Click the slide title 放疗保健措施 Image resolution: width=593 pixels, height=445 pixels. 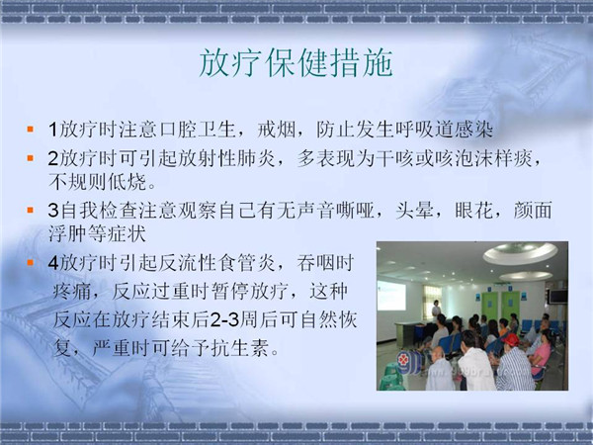point(296,63)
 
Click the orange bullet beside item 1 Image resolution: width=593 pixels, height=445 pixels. point(31,130)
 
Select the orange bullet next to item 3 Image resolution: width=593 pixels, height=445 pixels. point(31,211)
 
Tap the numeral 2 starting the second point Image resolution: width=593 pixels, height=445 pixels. point(53,158)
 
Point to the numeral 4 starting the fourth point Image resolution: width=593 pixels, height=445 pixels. point(53,263)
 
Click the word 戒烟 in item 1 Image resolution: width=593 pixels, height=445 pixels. point(276,130)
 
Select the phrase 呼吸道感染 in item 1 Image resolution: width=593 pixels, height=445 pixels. point(444,130)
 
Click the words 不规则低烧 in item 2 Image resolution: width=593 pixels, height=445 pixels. point(97,182)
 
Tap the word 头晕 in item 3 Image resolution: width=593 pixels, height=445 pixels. point(414,211)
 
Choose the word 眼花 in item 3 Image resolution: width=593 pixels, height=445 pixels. point(473,211)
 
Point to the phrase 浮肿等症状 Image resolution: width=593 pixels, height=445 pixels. point(97,233)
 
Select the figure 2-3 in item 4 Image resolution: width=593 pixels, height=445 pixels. point(224,320)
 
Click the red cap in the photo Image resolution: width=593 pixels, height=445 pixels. point(511,338)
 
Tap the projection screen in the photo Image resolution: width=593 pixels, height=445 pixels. point(391,296)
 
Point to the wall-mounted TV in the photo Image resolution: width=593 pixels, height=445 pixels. point(558,297)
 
